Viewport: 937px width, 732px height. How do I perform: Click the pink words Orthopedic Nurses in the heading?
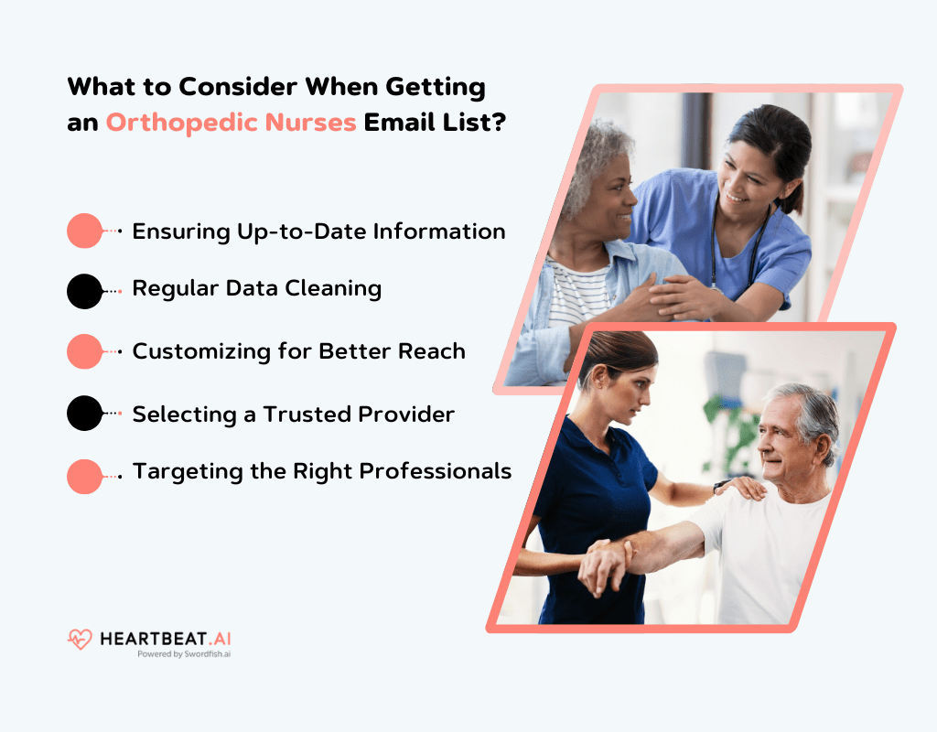(x=231, y=123)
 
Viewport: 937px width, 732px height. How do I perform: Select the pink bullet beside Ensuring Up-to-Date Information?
(x=85, y=231)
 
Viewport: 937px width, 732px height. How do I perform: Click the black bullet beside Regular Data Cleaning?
(x=85, y=291)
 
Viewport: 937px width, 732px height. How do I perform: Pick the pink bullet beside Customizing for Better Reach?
(x=85, y=351)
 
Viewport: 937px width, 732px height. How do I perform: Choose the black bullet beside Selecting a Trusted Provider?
(x=85, y=414)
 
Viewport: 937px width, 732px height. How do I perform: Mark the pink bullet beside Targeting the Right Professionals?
(x=85, y=476)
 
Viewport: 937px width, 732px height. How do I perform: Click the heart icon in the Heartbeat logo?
(x=80, y=640)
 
